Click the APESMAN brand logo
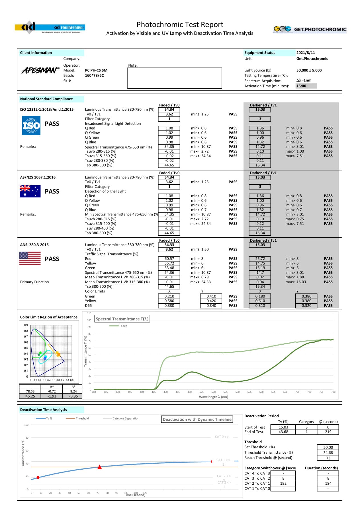click(40, 70)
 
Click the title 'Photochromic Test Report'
click(180, 25)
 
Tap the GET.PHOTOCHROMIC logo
click(310, 29)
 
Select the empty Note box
click(174, 78)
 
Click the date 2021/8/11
click(305, 53)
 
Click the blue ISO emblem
click(31, 126)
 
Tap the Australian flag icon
click(30, 191)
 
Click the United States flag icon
click(30, 258)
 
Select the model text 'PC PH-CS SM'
click(96, 70)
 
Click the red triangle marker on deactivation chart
click(99, 467)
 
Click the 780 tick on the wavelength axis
click(333, 392)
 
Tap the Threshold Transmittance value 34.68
click(328, 453)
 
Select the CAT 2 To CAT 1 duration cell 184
click(328, 483)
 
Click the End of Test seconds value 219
click(328, 432)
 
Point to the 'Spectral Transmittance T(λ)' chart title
click(122, 319)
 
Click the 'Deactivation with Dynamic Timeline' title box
click(197, 419)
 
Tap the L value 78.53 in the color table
click(30, 391)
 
